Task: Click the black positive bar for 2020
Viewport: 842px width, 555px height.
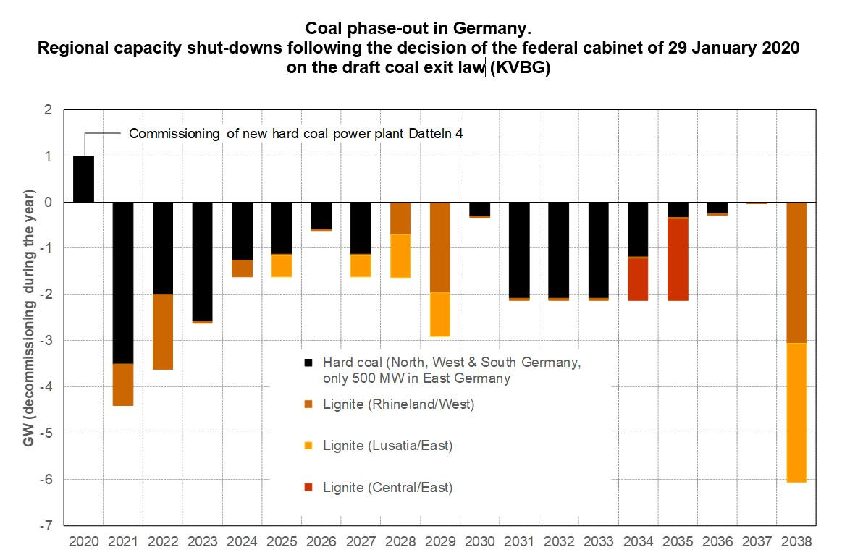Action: coord(83,179)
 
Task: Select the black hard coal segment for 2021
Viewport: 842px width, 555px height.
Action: coord(123,282)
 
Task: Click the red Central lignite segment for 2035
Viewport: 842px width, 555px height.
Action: coord(678,259)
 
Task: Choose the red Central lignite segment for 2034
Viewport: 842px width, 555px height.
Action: coord(638,279)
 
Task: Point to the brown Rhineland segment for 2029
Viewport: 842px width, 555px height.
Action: coord(440,247)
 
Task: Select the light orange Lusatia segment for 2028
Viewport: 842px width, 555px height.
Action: coord(400,255)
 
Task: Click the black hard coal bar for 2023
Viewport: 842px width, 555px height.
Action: coord(202,260)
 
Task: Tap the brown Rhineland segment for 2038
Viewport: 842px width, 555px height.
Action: coord(796,272)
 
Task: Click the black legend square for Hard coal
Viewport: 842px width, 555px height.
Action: coord(308,362)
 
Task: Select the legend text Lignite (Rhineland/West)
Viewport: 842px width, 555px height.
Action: coord(398,404)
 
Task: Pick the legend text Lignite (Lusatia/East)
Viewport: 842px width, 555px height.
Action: coord(387,446)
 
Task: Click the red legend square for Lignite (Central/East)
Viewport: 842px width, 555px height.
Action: coord(308,488)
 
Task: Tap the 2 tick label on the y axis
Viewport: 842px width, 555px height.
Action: coord(49,110)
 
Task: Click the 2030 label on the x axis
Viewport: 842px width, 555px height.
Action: coord(479,541)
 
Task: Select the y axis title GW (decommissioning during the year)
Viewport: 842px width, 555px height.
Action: coord(29,318)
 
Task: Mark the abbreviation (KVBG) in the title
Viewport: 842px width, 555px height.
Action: coord(520,69)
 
